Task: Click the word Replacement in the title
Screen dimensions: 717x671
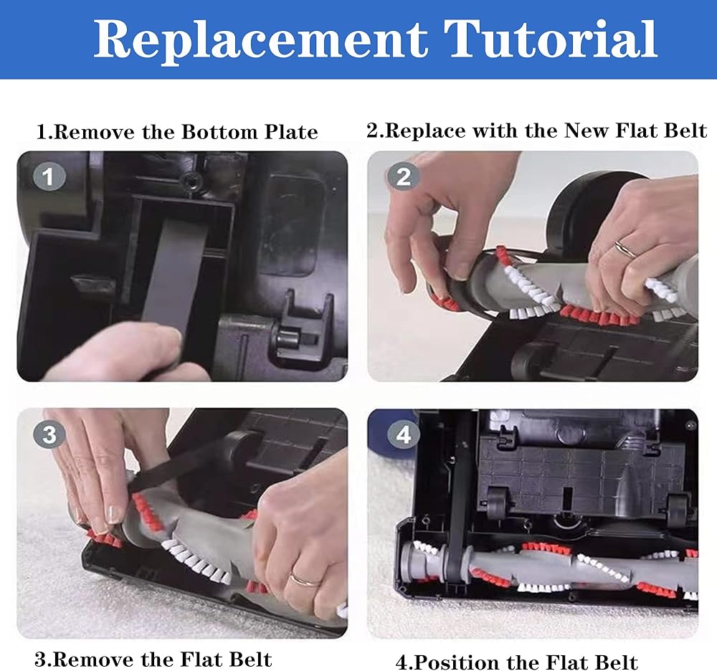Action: point(261,40)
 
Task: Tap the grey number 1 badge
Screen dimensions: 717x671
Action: point(49,177)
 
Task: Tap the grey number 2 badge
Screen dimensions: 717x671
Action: point(403,177)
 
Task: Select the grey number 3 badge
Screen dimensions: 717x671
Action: point(49,434)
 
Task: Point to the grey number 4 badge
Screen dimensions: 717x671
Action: point(403,434)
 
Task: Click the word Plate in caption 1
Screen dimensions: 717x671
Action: point(291,132)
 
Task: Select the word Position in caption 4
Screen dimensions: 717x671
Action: point(457,662)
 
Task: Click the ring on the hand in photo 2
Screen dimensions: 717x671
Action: point(625,248)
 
